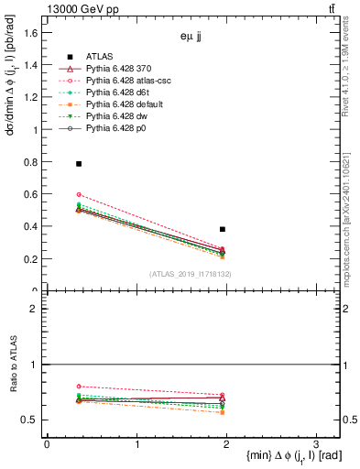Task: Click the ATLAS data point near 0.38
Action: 223,229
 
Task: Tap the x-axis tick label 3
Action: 315,444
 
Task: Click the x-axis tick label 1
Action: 136,444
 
